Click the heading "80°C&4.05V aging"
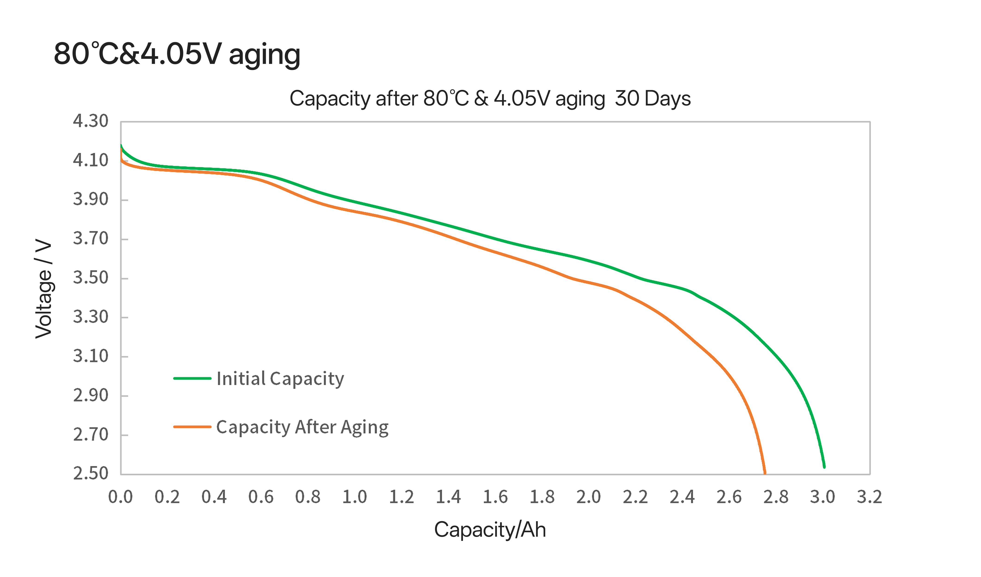tap(177, 54)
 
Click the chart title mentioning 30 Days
tap(490, 98)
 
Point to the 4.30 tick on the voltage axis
tap(90, 121)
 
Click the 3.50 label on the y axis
tap(90, 278)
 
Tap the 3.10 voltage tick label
tap(90, 356)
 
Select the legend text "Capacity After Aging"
tap(302, 427)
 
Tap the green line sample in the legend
tap(192, 378)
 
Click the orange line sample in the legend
tap(192, 427)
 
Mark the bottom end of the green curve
tap(824, 466)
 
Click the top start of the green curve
tap(121, 146)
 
